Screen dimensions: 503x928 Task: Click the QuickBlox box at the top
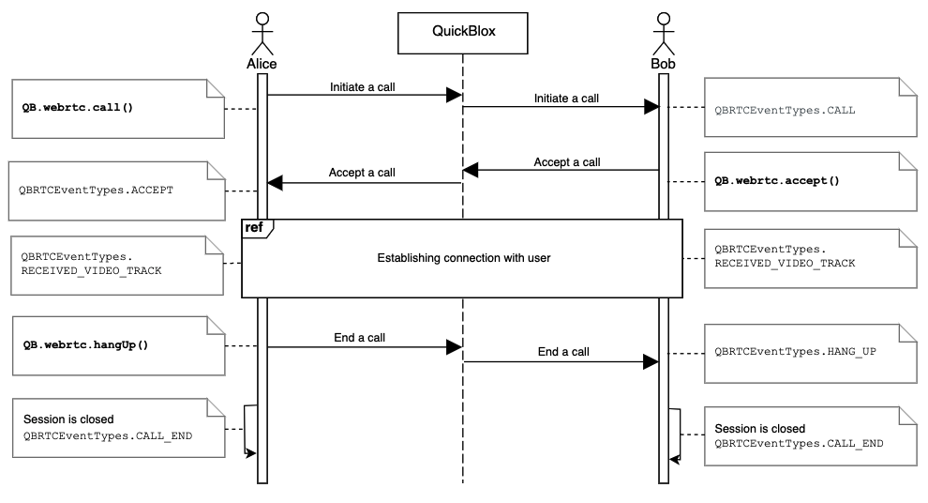tap(463, 31)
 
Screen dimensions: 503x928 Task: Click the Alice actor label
tap(262, 64)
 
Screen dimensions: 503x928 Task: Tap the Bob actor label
tap(663, 64)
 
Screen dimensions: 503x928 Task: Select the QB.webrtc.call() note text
tap(78, 108)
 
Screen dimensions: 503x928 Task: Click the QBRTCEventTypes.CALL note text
tap(785, 110)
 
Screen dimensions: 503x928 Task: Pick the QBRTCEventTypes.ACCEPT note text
tap(96, 189)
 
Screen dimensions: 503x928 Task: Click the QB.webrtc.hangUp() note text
tap(85, 344)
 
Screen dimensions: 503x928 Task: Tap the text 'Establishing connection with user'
tap(463, 257)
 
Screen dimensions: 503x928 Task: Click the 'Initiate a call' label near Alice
tap(362, 87)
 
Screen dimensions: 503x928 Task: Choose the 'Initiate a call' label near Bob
tap(566, 98)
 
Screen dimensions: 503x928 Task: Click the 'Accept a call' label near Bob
tap(566, 161)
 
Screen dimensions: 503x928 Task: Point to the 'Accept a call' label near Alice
tap(362, 173)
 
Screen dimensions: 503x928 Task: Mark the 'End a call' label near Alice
tap(359, 338)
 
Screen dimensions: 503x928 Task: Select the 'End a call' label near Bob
tap(563, 352)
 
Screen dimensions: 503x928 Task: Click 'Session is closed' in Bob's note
tap(759, 429)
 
